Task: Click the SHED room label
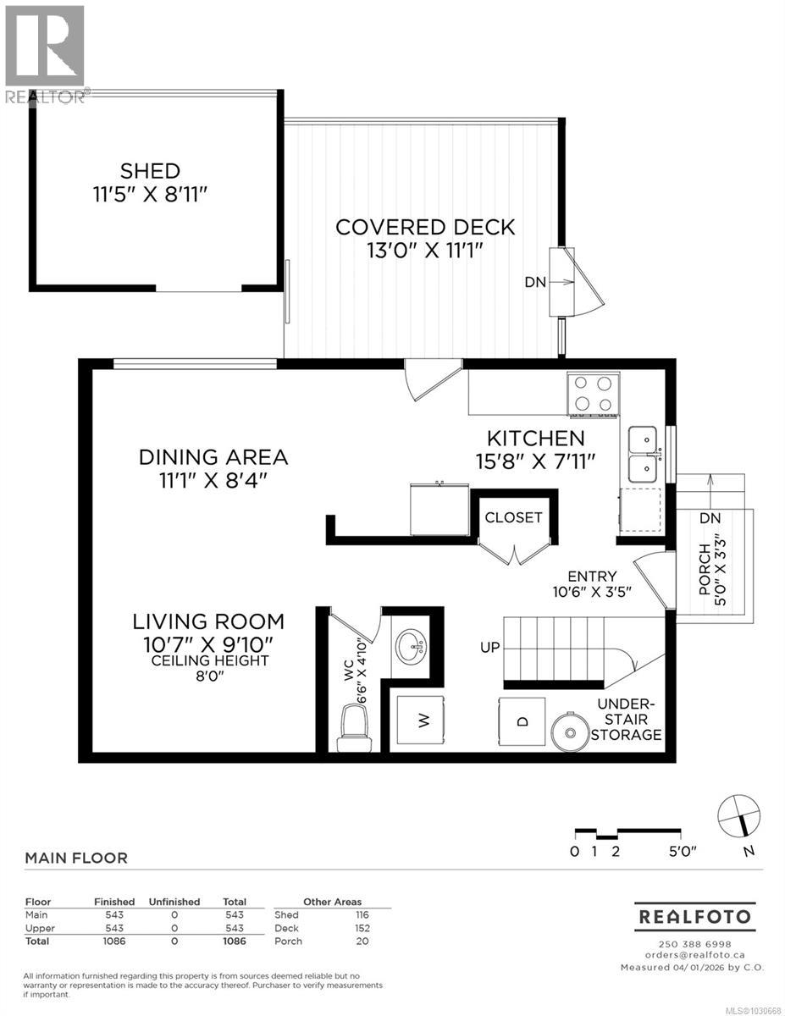coord(149,171)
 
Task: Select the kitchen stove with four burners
coord(592,395)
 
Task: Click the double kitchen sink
coord(644,454)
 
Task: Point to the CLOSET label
coord(514,517)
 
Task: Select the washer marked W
coord(424,721)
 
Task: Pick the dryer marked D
coord(522,721)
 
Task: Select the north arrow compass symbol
coord(738,815)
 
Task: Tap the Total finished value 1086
coord(114,941)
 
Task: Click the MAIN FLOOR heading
coord(76,858)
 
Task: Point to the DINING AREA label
coord(213,457)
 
